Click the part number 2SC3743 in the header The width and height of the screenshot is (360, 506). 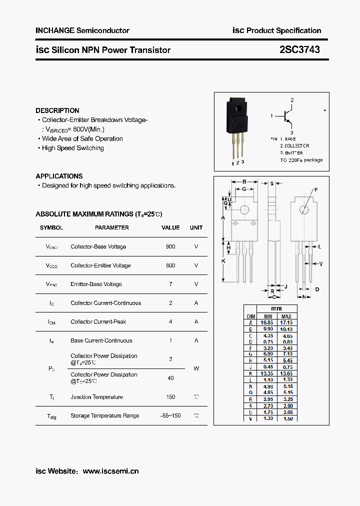299,49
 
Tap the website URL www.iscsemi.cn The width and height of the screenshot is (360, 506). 110,471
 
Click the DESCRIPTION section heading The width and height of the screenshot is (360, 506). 57,110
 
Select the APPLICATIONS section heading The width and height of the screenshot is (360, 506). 59,176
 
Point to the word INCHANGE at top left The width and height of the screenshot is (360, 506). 54,30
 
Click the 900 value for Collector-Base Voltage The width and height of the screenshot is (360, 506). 170,246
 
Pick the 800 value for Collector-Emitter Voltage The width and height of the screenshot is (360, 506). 170,265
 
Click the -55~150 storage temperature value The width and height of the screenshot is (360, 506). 170,415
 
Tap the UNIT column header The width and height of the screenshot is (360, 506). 196,227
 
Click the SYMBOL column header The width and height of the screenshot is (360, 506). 51,227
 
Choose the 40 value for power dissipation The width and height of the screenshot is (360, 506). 170,378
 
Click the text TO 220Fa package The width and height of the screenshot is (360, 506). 301,160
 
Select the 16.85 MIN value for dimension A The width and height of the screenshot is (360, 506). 267,323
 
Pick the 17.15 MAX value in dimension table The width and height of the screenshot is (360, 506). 286,323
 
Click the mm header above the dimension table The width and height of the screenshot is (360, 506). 276,309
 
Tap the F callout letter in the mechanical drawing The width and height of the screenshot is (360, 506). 316,190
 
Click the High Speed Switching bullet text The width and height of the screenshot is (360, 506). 72,148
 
